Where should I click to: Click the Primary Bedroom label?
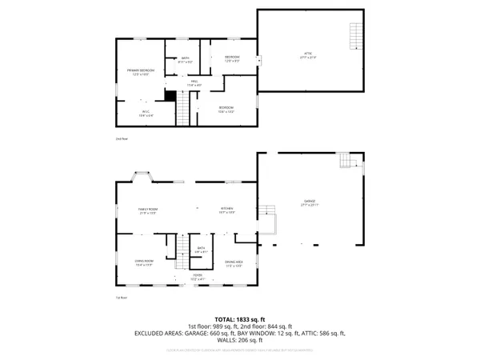tap(140, 72)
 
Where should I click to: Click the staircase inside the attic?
tap(355, 34)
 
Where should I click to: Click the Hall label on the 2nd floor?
tap(194, 84)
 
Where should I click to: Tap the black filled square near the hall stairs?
tap(170, 95)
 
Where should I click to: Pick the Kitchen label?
tap(227, 210)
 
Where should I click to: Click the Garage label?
tap(310, 202)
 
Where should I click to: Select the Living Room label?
tap(144, 261)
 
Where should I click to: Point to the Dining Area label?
tap(234, 262)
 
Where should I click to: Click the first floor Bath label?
tap(201, 250)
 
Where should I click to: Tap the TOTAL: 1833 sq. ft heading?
tap(240, 319)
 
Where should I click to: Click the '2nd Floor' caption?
tap(121, 138)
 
